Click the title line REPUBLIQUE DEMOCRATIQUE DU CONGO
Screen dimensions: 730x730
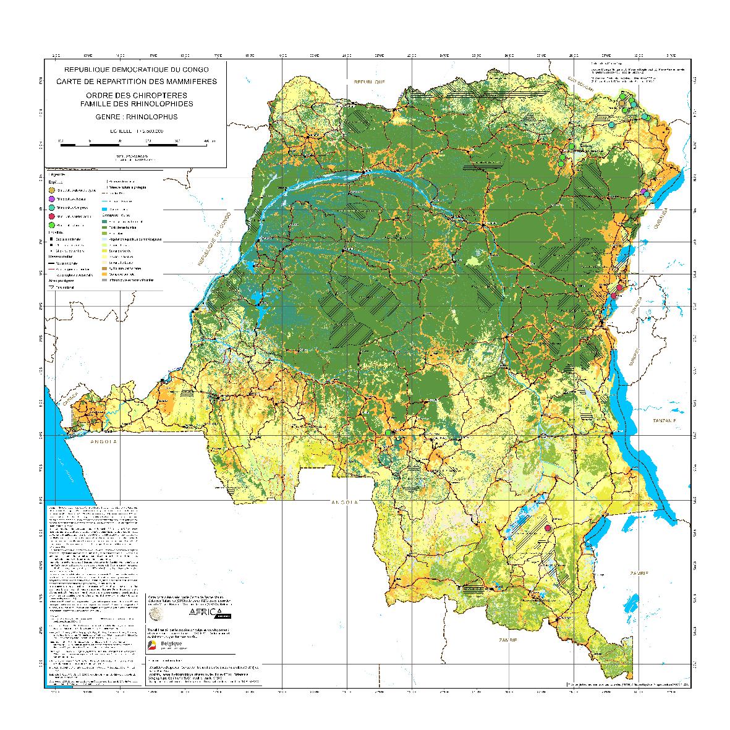[132, 70]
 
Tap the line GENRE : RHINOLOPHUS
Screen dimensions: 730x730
[132, 116]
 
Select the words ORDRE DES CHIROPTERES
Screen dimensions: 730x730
[132, 95]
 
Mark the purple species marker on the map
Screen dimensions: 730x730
[643, 192]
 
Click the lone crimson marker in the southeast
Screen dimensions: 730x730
[548, 528]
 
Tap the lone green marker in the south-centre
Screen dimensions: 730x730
[388, 433]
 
